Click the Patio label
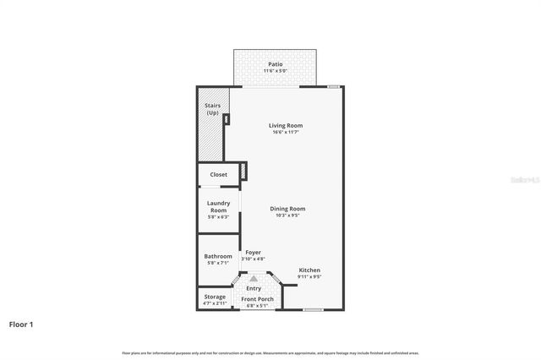click(x=275, y=63)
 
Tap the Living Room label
click(x=287, y=126)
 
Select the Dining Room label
click(x=287, y=209)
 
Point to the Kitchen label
click(x=309, y=270)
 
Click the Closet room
click(x=218, y=175)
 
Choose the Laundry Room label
click(x=218, y=206)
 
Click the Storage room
click(x=215, y=297)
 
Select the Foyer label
click(x=253, y=252)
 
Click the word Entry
click(x=254, y=289)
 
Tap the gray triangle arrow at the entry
click(x=254, y=277)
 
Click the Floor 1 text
click(x=22, y=324)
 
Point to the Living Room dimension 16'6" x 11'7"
click(x=287, y=132)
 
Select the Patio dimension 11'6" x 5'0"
click(x=275, y=71)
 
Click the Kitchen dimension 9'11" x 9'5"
click(x=309, y=277)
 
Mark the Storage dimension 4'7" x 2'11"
click(x=215, y=303)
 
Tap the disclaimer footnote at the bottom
click(x=270, y=352)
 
